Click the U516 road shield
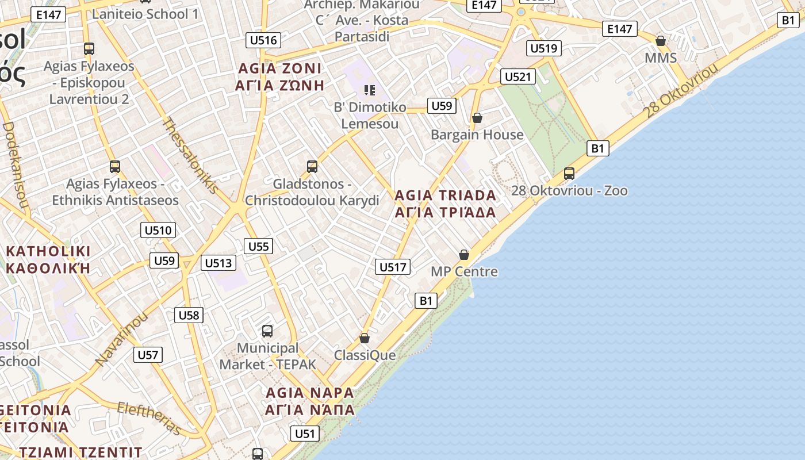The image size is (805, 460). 264,40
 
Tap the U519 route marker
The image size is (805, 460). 543,48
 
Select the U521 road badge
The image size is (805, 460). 518,76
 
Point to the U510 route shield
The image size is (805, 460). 158,231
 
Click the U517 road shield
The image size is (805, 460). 393,267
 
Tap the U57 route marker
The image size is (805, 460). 148,355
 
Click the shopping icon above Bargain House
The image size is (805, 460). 477,118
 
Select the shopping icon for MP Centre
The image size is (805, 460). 464,255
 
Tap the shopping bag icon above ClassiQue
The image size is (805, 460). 365,338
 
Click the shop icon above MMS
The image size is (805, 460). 661,41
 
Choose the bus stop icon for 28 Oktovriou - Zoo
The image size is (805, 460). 569,174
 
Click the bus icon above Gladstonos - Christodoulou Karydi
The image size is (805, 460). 312,167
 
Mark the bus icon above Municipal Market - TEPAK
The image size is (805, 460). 267,331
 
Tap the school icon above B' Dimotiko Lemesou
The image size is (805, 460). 370,90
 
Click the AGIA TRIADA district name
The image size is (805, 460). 445,204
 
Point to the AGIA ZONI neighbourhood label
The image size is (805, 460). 280,77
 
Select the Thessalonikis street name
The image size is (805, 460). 190,155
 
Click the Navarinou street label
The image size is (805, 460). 121,339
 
